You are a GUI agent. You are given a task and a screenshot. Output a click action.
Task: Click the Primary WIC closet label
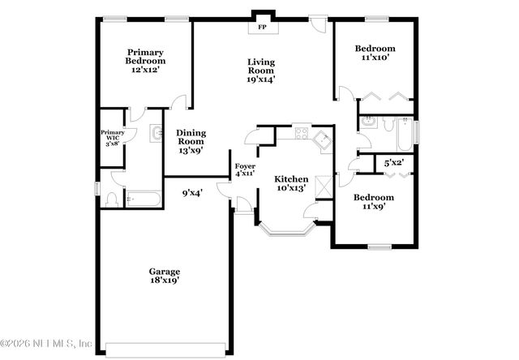click(x=109, y=136)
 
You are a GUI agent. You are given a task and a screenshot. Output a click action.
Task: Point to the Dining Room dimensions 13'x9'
click(x=190, y=149)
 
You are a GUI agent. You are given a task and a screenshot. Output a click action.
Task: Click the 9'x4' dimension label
click(x=191, y=192)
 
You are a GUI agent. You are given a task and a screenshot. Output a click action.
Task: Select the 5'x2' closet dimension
click(x=394, y=163)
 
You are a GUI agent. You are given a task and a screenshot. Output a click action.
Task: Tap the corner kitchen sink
click(x=323, y=139)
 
